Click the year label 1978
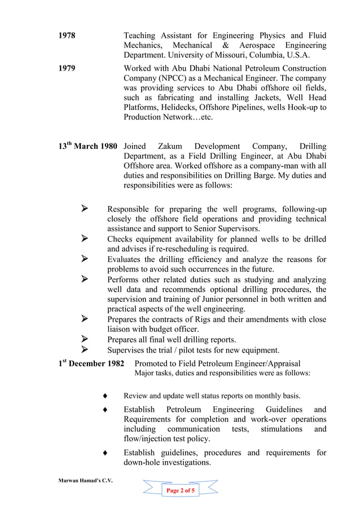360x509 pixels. (67, 35)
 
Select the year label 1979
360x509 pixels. (67, 68)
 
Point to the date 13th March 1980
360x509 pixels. (88, 146)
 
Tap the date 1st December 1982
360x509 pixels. (91, 364)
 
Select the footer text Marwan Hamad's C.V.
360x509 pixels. (86, 480)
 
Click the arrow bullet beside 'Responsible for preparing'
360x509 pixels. (85, 209)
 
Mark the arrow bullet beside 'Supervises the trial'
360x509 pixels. (85, 350)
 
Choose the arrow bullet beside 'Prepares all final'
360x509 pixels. (85, 339)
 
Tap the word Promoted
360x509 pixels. (153, 364)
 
